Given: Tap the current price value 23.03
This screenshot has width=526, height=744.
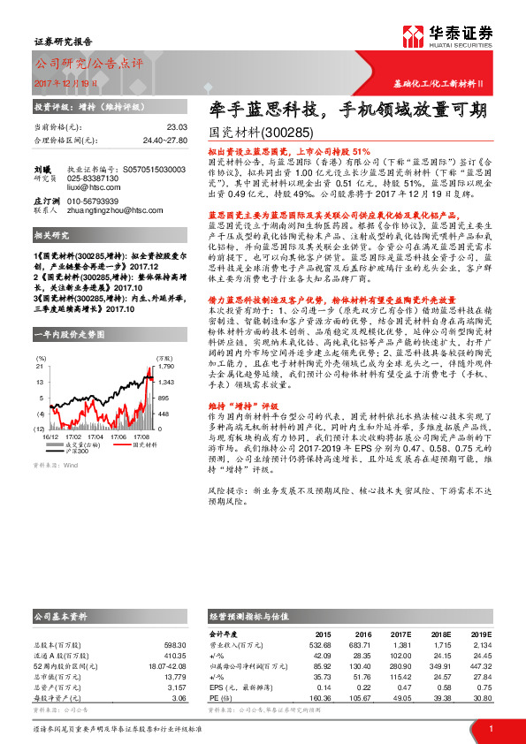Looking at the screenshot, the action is click(x=177, y=127).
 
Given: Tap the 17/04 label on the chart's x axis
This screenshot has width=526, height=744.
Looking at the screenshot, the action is click(x=95, y=437).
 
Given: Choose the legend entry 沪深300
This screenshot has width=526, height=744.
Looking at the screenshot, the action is click(x=79, y=452).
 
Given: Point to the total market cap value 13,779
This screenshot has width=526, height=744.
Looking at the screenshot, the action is click(x=175, y=676).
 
